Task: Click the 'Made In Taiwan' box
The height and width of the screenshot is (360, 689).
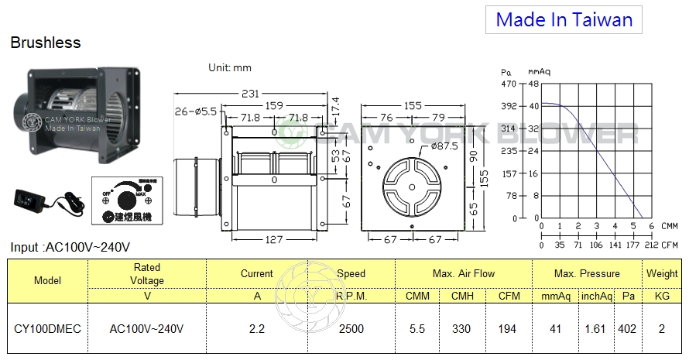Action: click(564, 19)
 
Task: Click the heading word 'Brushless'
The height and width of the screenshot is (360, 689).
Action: click(46, 43)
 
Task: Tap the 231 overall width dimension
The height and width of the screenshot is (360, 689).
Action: click(250, 94)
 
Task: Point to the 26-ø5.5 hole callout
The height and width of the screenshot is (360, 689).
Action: click(196, 111)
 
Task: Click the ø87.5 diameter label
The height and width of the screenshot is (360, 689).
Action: click(445, 146)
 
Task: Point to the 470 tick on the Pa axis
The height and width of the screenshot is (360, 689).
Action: click(509, 83)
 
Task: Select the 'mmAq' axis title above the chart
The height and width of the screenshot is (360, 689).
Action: click(539, 71)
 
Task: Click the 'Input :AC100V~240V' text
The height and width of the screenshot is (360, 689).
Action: click(70, 248)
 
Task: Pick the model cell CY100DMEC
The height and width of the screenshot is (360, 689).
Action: click(47, 328)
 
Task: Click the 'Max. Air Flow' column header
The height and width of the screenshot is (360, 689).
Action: click(464, 273)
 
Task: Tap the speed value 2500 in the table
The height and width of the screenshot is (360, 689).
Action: click(351, 328)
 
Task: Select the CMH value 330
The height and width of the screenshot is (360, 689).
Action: click(461, 328)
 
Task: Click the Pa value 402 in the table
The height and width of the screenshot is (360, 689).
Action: click(626, 328)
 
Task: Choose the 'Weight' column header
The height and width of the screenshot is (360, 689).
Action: click(662, 273)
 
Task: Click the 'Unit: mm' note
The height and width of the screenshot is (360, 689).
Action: click(230, 67)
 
